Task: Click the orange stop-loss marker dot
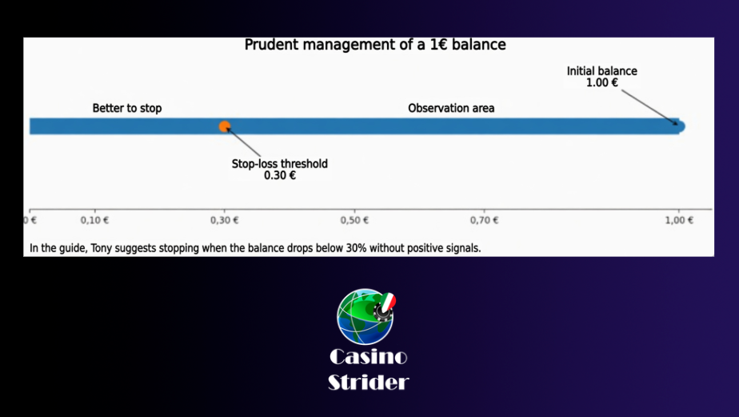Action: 224,126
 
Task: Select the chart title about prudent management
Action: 375,45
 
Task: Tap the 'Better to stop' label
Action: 127,108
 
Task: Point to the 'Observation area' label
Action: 451,108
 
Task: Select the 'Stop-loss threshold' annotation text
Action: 279,164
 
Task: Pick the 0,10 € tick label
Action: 94,220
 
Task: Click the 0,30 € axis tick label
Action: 224,220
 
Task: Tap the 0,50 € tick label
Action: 354,220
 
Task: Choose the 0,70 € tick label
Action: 484,220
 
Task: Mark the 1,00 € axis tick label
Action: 679,220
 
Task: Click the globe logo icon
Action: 366,316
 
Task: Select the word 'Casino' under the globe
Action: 368,357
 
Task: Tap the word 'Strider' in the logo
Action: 368,382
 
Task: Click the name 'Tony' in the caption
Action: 101,248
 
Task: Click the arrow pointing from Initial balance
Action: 649,107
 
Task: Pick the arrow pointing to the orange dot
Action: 243,142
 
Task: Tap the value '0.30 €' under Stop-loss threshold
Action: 279,175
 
